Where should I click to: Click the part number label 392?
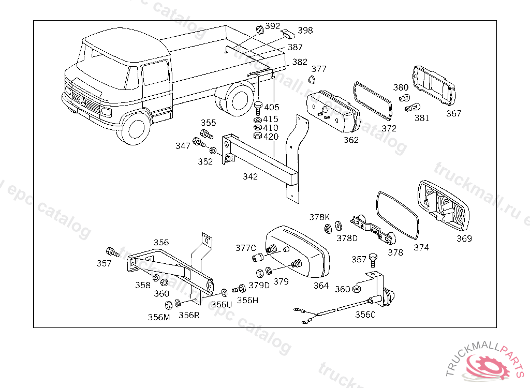pyautogui.click(x=273, y=26)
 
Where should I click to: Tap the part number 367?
pyautogui.click(x=453, y=114)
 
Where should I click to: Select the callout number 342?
pyautogui.click(x=251, y=177)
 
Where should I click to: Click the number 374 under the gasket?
pyautogui.click(x=421, y=248)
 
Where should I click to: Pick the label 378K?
pyautogui.click(x=319, y=217)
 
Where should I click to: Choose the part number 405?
pyautogui.click(x=272, y=108)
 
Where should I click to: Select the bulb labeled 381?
pyautogui.click(x=411, y=108)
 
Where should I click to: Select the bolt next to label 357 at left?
pyautogui.click(x=110, y=251)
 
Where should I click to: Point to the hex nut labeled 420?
pyautogui.click(x=257, y=136)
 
